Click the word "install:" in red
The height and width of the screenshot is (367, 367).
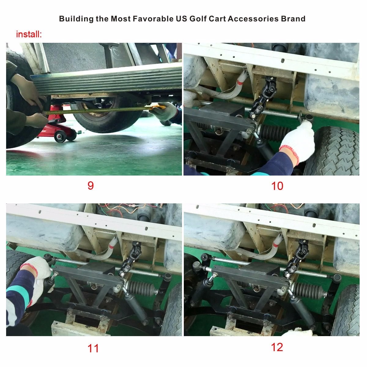coord(29,34)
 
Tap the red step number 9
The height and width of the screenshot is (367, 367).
coord(91,186)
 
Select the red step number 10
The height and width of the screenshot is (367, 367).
coord(277,186)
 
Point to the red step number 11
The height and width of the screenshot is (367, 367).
coord(93,348)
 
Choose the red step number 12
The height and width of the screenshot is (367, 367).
coord(277,347)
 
